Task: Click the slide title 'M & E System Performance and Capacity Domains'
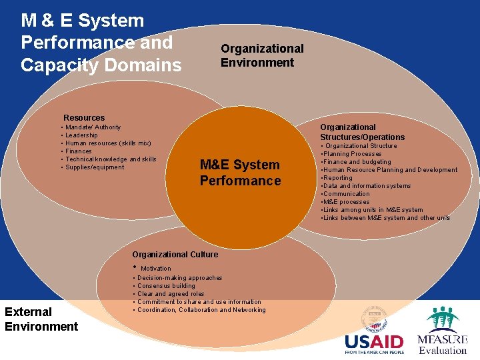(100, 43)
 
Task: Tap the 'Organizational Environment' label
(262, 55)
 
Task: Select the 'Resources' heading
(84, 118)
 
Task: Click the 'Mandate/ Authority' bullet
(93, 127)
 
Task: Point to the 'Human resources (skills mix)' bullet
(108, 143)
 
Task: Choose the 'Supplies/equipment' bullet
(95, 167)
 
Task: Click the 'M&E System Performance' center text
(240, 173)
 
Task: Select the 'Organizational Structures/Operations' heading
(362, 132)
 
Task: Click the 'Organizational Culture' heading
(175, 255)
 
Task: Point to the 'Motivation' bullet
(155, 269)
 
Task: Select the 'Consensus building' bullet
(166, 286)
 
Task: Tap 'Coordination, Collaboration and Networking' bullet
(201, 310)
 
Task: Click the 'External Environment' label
(41, 319)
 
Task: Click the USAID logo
(375, 333)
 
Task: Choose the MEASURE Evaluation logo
(443, 331)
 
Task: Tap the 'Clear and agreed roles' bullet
(171, 294)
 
